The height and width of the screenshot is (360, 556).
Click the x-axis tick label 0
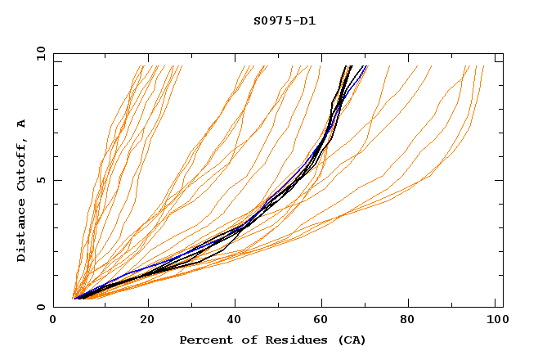(53, 322)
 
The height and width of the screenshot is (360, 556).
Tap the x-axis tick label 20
(147, 322)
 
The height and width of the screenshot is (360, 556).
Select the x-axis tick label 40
(235, 322)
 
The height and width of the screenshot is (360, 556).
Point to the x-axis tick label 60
(324, 322)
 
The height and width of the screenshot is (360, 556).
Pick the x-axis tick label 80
(412, 322)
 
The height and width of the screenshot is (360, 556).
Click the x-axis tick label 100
(497, 322)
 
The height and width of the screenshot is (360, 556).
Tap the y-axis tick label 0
(40, 307)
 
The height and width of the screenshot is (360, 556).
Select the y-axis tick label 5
(40, 180)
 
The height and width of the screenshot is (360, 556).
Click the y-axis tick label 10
(40, 53)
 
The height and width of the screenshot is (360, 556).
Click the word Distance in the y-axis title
(22, 234)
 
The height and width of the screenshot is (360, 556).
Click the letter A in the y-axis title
(22, 124)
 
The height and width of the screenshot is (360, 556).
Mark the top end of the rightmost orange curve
(483, 66)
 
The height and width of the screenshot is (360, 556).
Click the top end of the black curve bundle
(349, 66)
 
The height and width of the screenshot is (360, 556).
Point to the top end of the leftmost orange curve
(133, 66)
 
